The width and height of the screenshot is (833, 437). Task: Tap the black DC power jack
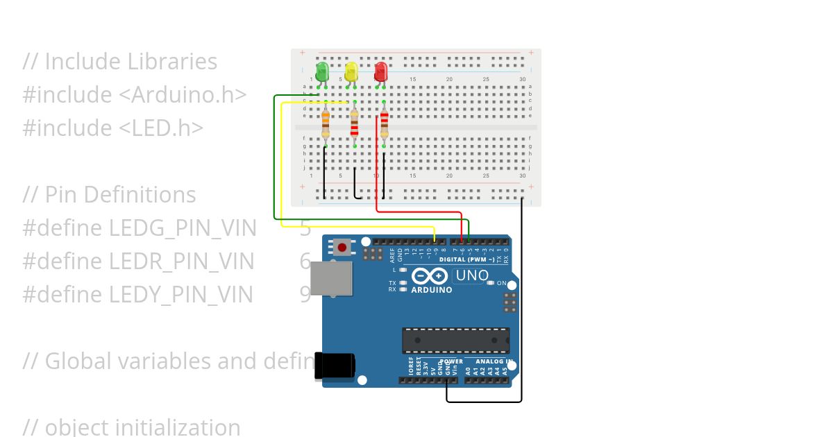[335, 366]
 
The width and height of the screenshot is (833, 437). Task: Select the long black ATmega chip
[455, 341]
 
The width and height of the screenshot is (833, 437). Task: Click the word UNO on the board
[472, 275]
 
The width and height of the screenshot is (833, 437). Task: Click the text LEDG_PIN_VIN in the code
[183, 228]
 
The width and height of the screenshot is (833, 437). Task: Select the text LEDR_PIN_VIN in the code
[182, 261]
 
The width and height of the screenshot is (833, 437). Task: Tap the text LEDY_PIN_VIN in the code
[181, 294]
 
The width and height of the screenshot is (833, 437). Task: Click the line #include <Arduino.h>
[135, 94]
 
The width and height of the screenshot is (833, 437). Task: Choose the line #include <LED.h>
[113, 128]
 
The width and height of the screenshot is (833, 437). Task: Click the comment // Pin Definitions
[109, 194]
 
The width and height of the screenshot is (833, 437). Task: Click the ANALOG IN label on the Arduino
[494, 361]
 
